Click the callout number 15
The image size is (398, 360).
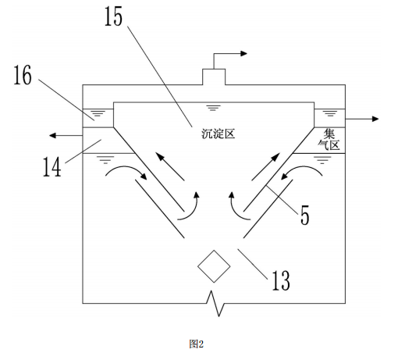click(113, 16)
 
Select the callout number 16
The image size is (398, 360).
click(23, 75)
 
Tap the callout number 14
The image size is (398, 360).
click(52, 167)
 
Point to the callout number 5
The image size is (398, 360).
click(305, 215)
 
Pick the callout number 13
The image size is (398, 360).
click(281, 280)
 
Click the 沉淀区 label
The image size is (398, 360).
click(218, 134)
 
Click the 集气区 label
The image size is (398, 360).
click(329, 140)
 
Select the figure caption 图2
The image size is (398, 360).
click(197, 344)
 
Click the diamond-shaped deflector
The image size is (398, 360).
click(214, 266)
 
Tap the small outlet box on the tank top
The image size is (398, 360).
click(214, 77)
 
